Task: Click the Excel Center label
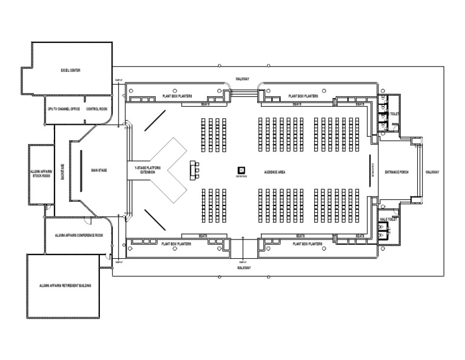[70, 70]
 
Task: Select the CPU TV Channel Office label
[64, 109]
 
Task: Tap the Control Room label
[96, 109]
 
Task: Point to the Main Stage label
[99, 171]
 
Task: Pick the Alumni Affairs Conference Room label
[79, 235]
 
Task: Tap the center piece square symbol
[241, 171]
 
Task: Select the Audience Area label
[274, 172]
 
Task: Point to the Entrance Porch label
[397, 172]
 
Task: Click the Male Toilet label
[387, 219]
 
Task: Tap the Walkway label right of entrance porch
[432, 172]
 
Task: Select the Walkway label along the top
[243, 79]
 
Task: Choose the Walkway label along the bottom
[243, 267]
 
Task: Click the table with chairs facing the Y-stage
[195, 170]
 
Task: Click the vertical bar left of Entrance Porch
[369, 171]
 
